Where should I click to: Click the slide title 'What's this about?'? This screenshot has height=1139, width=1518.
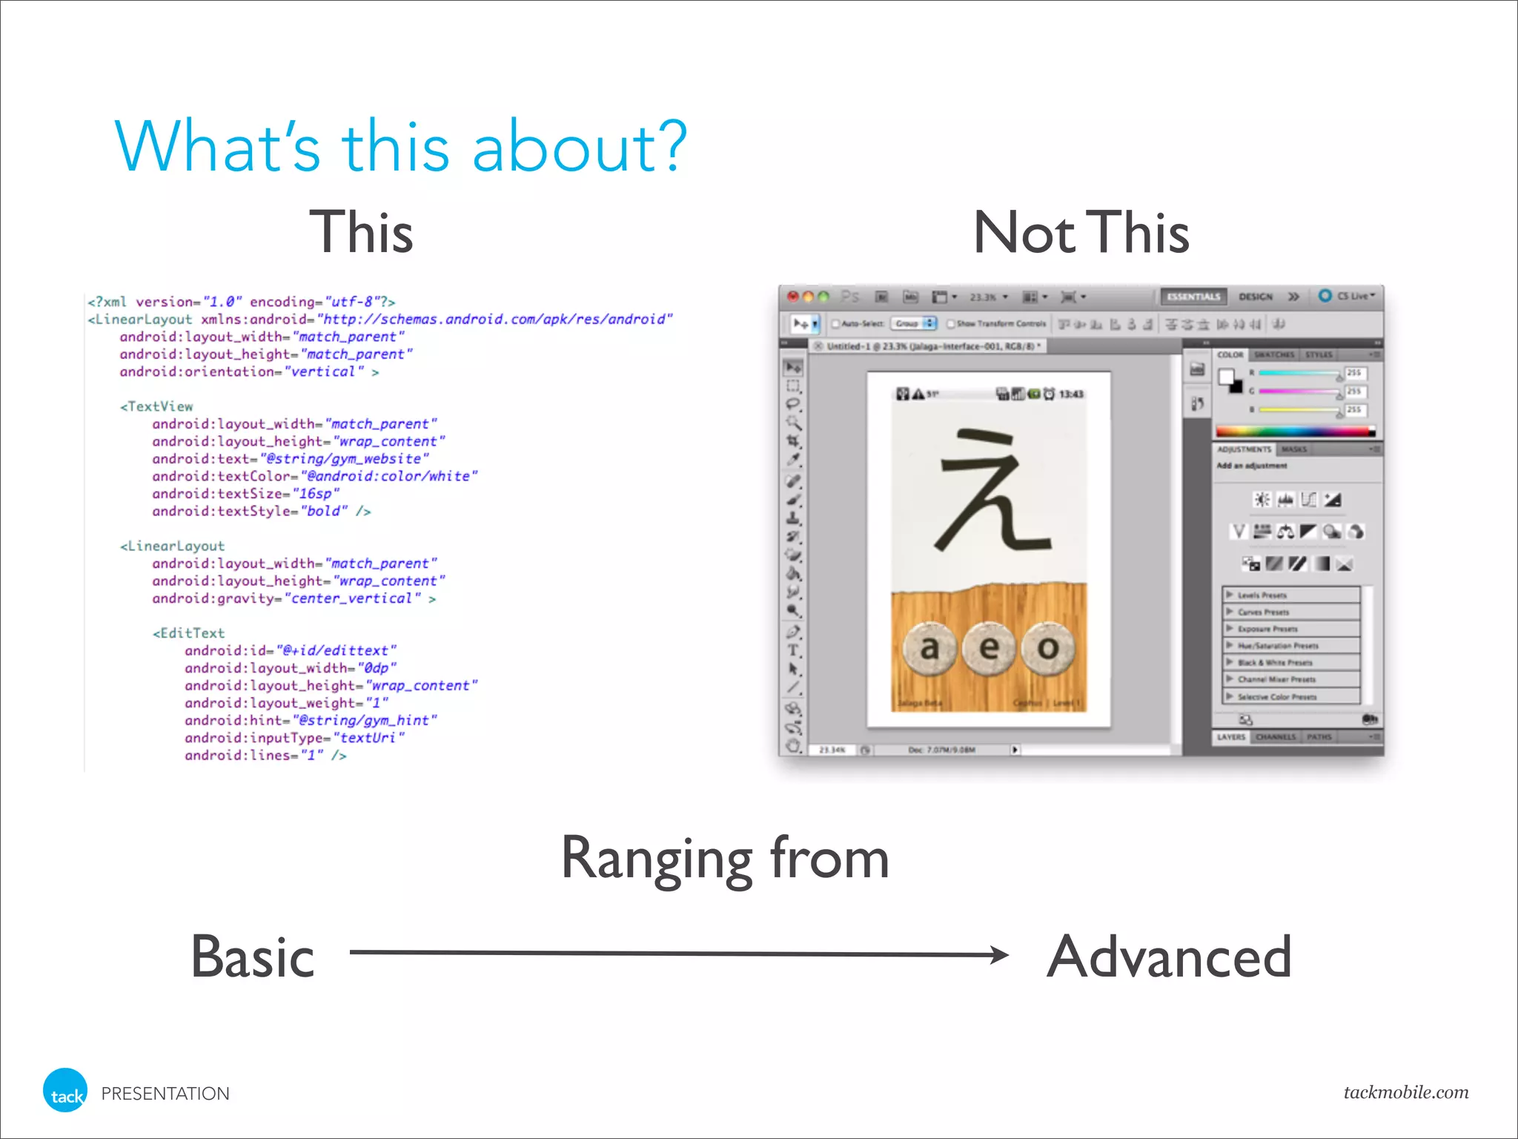[x=400, y=147]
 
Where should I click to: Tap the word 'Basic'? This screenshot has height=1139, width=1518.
[x=253, y=957]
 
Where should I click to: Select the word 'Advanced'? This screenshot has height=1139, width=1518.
[x=1169, y=957]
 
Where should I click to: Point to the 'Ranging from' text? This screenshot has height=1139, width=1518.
[x=725, y=859]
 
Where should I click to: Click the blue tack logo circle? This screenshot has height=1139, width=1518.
[x=65, y=1091]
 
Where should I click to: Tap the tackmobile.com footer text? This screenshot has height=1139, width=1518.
[x=1405, y=1092]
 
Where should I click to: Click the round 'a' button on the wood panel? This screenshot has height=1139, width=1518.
[x=929, y=648]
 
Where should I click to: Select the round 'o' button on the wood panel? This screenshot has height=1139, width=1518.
[x=1047, y=648]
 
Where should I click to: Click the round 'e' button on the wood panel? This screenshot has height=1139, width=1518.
[x=989, y=648]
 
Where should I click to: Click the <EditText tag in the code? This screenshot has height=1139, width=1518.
[x=189, y=633]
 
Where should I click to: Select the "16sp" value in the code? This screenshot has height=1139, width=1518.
[x=316, y=494]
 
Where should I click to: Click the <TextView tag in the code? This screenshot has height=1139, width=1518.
[x=157, y=406]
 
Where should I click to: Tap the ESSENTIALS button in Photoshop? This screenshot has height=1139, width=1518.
[x=1193, y=297]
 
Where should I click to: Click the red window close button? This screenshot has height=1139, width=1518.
[x=792, y=297]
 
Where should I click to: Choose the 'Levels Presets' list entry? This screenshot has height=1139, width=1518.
[x=1262, y=595]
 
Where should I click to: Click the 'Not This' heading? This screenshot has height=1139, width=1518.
[x=1081, y=233]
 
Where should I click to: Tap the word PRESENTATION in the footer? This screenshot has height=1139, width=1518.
[x=165, y=1094]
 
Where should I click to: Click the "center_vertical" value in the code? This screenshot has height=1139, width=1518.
[x=352, y=598]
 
